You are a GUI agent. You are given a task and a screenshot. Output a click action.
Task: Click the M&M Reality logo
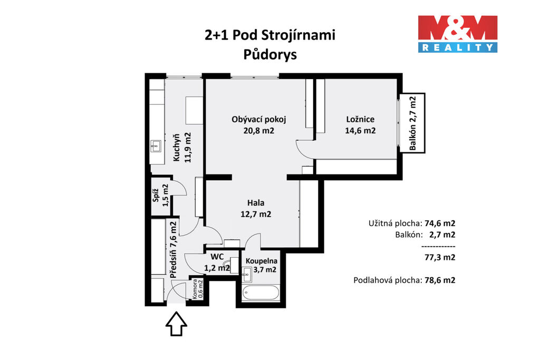coord(458,34)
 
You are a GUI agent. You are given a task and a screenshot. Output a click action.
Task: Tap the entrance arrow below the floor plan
coord(176,324)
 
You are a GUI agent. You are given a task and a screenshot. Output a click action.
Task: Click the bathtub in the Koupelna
coord(261,293)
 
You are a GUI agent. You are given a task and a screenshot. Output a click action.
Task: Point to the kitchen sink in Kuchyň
coord(156,146)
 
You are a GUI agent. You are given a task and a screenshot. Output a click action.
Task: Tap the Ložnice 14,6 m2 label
coord(360,124)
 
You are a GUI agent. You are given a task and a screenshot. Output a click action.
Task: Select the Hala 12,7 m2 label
coord(256,208)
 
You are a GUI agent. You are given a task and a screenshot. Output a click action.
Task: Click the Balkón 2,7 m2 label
coord(413,123)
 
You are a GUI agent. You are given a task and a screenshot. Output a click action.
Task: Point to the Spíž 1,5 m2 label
coord(161,195)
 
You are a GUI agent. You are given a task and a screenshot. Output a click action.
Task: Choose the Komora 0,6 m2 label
coord(198,288)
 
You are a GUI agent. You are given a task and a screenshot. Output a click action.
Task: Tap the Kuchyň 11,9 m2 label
coord(182,148)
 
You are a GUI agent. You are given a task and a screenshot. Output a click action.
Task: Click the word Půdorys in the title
coord(270,54)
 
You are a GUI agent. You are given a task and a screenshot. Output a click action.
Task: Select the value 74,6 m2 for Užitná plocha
coord(440,223)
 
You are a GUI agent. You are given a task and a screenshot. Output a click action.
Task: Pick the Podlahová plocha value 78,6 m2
coord(440,280)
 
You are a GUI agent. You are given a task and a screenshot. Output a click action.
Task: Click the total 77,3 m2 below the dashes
coord(440,257)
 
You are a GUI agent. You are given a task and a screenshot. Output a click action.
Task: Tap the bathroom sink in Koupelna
coord(247,272)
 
